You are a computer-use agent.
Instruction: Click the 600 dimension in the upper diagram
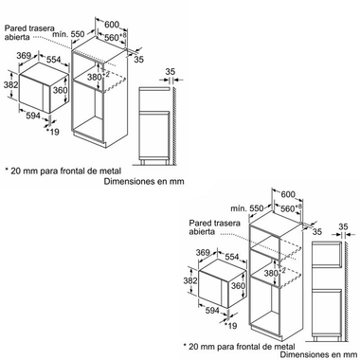click(x=112, y=24)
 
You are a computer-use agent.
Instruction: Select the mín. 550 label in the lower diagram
click(x=246, y=208)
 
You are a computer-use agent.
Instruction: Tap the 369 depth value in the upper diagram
click(x=24, y=56)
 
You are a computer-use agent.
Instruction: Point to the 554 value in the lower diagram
click(x=232, y=257)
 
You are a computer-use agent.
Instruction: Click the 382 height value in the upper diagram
click(x=11, y=84)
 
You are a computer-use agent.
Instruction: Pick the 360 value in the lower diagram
click(x=238, y=285)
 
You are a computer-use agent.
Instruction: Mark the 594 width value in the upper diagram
click(x=33, y=116)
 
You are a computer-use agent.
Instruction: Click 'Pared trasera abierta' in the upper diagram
click(x=29, y=32)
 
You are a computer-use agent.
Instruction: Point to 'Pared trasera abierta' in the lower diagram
click(x=215, y=227)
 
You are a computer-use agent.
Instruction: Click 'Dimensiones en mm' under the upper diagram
click(x=144, y=182)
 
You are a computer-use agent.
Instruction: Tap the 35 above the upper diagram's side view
click(x=171, y=72)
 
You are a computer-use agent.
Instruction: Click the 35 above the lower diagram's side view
click(x=343, y=226)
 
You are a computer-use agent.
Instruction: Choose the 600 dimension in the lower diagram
click(x=288, y=194)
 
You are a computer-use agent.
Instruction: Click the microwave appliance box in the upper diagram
click(x=44, y=88)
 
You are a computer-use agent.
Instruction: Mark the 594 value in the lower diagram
click(x=212, y=311)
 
